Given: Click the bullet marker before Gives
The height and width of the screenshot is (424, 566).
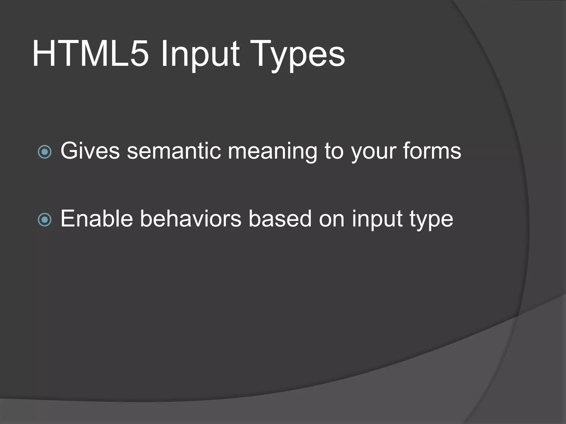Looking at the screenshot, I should [44, 152].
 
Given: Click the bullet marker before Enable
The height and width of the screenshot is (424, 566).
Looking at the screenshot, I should [44, 220].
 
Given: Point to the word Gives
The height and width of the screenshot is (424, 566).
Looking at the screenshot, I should [90, 151].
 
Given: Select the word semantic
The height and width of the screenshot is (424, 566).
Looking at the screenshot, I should [174, 151].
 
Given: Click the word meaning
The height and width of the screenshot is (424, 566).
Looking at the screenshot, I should [272, 152].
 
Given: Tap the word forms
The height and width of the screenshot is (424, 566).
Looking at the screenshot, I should [432, 151].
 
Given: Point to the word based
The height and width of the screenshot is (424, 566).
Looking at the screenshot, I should [280, 219].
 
